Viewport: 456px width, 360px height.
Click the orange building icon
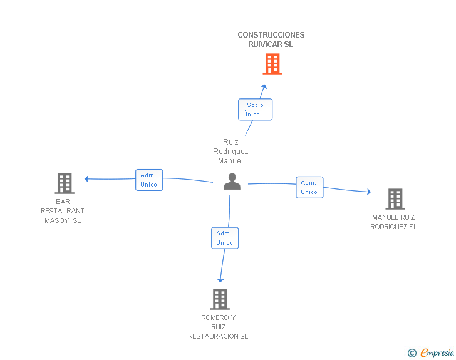click(272, 64)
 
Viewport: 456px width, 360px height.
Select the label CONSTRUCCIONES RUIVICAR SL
click(271, 39)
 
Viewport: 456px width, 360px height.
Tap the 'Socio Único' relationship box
click(256, 110)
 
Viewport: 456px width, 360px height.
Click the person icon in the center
click(232, 182)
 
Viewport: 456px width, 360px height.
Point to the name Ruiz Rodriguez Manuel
click(231, 152)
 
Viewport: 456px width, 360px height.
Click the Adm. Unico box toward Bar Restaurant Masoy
click(149, 180)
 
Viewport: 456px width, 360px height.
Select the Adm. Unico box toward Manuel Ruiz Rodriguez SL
click(309, 188)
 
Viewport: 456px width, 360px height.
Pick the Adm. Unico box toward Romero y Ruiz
click(225, 238)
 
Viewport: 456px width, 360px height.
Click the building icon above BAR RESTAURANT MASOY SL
click(65, 183)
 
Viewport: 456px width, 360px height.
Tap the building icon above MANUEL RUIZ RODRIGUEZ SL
click(395, 199)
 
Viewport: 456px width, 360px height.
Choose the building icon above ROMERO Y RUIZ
click(220, 299)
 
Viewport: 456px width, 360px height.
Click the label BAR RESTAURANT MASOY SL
click(63, 211)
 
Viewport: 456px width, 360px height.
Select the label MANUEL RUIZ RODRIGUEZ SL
click(394, 222)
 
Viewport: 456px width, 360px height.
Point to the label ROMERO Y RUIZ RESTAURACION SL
click(218, 327)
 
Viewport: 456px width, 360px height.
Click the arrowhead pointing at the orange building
click(264, 86)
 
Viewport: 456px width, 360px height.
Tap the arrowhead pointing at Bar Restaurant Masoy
click(86, 179)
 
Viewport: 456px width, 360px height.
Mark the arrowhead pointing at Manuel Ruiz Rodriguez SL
click(369, 192)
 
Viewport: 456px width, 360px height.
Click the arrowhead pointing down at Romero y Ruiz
click(220, 280)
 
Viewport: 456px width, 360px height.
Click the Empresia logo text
click(437, 352)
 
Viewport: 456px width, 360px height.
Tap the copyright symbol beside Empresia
click(412, 353)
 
